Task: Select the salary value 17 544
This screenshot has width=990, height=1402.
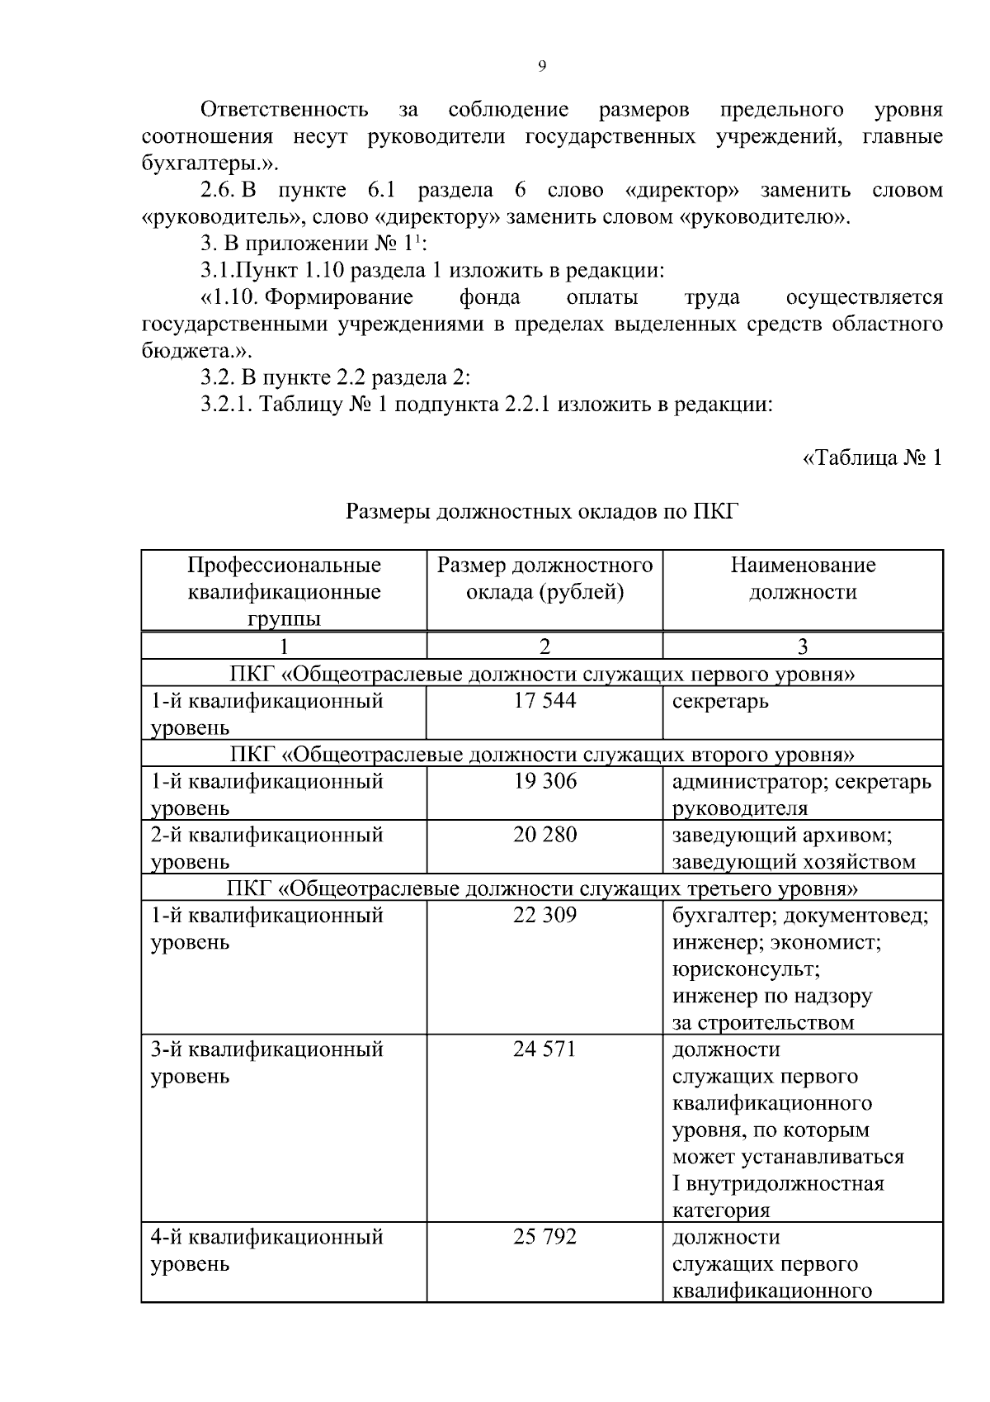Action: [544, 701]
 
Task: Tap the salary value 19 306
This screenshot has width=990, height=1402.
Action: [544, 781]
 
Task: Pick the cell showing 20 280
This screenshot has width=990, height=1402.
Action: [544, 835]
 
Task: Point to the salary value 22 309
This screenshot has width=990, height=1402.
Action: [544, 915]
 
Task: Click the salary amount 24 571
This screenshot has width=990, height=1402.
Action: [544, 1049]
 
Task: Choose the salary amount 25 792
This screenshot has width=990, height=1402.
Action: [544, 1237]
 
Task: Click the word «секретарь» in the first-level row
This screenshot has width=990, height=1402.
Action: [720, 702]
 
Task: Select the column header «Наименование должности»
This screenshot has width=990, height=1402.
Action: [803, 578]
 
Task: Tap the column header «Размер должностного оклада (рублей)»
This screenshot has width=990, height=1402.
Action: [544, 578]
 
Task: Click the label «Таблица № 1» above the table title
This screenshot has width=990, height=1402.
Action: [872, 458]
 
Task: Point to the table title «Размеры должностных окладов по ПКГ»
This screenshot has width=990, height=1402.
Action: [541, 512]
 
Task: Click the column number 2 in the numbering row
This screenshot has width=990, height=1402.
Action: [544, 646]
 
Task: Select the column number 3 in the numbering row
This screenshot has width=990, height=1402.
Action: [803, 646]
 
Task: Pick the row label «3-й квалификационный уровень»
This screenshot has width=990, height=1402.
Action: [266, 1063]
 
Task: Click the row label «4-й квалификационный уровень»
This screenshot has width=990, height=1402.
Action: [266, 1250]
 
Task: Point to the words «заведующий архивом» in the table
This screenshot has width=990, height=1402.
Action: [781, 836]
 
